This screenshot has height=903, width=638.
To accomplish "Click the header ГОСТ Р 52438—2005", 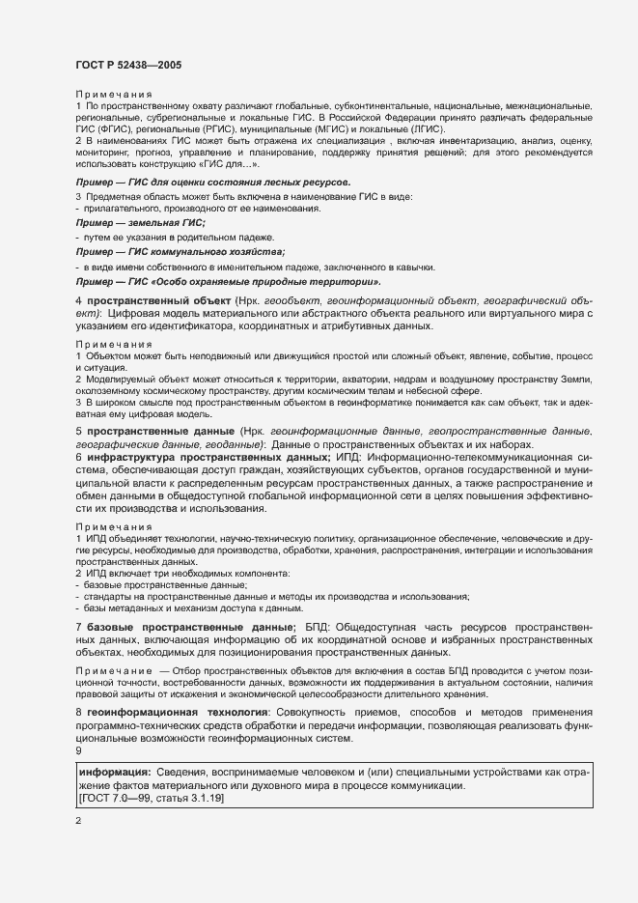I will pos(127,65).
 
